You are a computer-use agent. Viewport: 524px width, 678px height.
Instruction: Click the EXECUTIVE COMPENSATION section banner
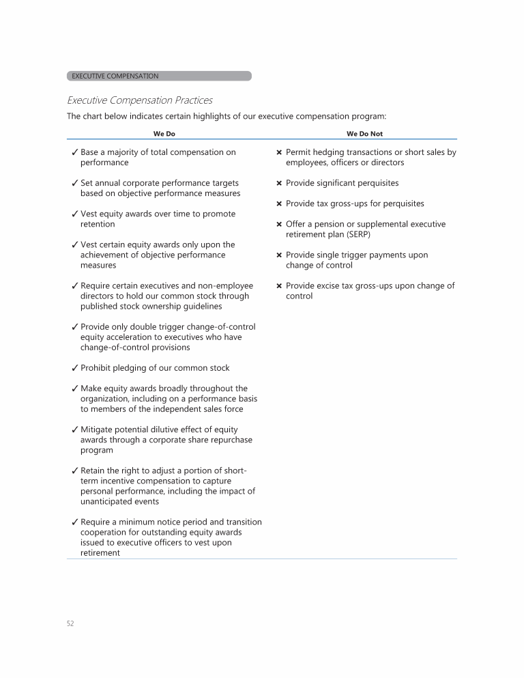(x=159, y=76)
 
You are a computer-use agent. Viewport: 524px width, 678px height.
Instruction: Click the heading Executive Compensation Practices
(x=139, y=100)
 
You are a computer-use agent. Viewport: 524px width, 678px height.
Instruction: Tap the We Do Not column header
(x=364, y=134)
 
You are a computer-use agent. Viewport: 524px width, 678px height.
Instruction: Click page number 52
(x=70, y=623)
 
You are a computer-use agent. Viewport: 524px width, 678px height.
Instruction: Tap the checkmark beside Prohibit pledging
(x=74, y=368)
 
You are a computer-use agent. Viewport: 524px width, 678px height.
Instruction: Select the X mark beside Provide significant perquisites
(x=279, y=183)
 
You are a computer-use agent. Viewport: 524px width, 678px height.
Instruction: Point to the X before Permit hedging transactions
(x=279, y=152)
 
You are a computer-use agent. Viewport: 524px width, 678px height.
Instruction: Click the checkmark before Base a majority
(x=74, y=152)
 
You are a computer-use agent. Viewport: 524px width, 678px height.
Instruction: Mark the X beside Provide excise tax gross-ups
(x=279, y=285)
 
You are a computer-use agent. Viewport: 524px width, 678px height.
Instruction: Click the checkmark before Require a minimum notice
(x=74, y=522)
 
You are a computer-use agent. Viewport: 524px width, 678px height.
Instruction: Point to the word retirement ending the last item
(x=100, y=553)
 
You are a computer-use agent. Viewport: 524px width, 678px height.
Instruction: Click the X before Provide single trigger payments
(x=279, y=255)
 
